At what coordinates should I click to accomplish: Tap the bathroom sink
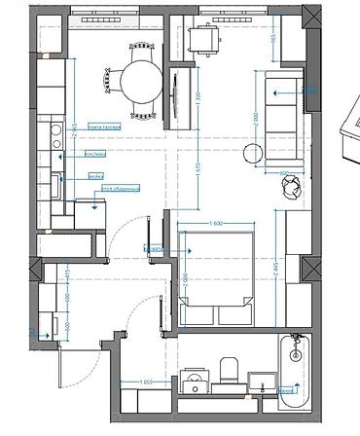click(195, 380)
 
